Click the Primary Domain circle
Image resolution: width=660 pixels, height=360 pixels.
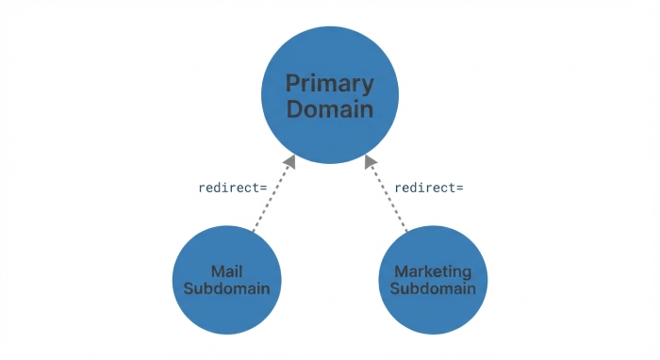(x=330, y=94)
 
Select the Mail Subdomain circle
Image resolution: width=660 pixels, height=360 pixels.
(x=227, y=280)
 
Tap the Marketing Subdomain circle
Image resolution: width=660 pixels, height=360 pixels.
(x=433, y=280)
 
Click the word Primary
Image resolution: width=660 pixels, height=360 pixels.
(x=330, y=84)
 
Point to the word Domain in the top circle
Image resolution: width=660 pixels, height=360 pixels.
(x=330, y=109)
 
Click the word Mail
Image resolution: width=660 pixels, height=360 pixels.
(x=227, y=271)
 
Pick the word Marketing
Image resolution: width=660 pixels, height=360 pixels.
(x=433, y=272)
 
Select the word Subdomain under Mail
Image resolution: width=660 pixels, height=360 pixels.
(x=227, y=288)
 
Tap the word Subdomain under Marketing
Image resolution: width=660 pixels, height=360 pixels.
(x=433, y=288)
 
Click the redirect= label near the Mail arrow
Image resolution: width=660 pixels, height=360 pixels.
(x=233, y=188)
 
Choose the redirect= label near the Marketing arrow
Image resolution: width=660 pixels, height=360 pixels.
(x=429, y=188)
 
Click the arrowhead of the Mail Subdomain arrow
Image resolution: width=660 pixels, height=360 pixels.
(x=289, y=162)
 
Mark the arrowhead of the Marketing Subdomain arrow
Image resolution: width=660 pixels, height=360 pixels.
(x=371, y=162)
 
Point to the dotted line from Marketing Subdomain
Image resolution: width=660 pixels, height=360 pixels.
(x=388, y=197)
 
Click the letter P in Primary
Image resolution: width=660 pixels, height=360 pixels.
(x=293, y=83)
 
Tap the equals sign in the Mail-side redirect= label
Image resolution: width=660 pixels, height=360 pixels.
(x=263, y=188)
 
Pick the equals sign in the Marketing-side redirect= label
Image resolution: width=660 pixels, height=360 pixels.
(x=459, y=188)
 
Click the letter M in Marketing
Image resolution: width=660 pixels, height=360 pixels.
(x=402, y=271)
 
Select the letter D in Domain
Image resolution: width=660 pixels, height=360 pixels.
(x=294, y=109)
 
